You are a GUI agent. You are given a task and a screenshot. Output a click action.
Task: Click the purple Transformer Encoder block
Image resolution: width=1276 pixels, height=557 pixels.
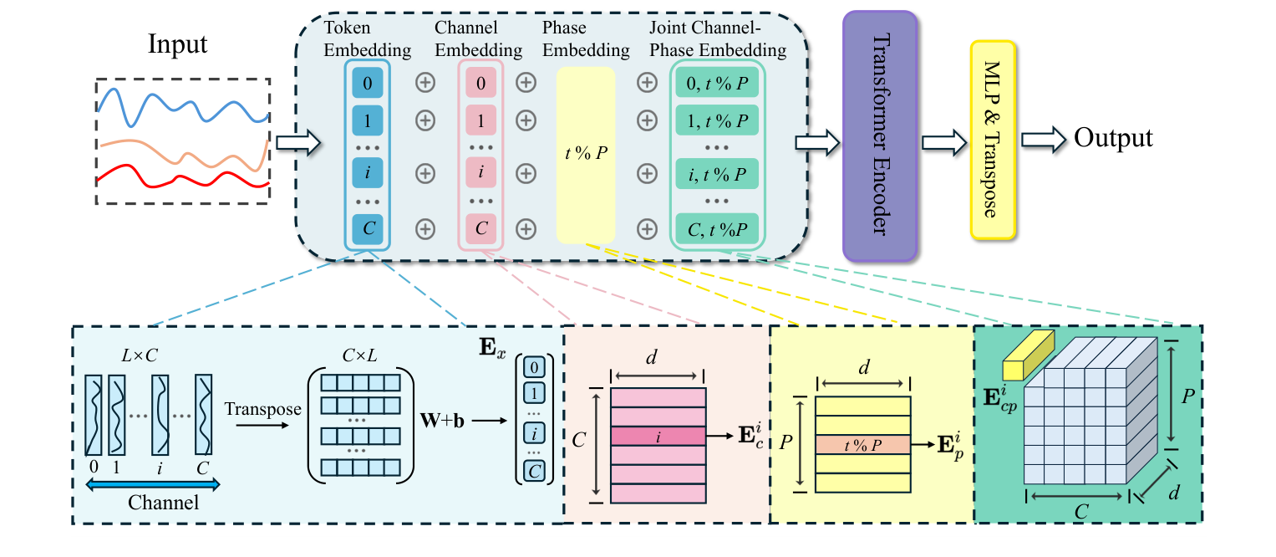click(x=880, y=137)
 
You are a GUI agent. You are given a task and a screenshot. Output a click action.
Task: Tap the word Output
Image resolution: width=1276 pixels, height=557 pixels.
click(x=1113, y=138)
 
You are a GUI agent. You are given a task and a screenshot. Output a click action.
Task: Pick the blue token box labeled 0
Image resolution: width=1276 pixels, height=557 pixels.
click(x=367, y=83)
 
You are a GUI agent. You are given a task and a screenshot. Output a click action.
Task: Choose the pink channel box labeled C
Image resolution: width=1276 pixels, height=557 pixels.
click(x=480, y=227)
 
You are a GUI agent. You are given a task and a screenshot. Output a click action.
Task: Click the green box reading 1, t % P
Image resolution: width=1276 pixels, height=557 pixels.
click(x=717, y=120)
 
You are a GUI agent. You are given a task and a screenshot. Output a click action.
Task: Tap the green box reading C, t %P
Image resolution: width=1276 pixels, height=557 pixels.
click(x=717, y=227)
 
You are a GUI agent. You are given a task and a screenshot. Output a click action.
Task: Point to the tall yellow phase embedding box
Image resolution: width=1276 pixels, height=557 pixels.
click(x=585, y=155)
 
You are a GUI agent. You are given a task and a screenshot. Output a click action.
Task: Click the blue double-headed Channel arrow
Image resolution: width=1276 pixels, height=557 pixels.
click(x=152, y=483)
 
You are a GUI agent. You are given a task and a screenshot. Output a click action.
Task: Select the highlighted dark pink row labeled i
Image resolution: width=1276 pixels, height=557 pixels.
click(x=657, y=436)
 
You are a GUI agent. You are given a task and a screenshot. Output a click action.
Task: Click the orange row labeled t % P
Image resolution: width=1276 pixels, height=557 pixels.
click(x=862, y=445)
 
